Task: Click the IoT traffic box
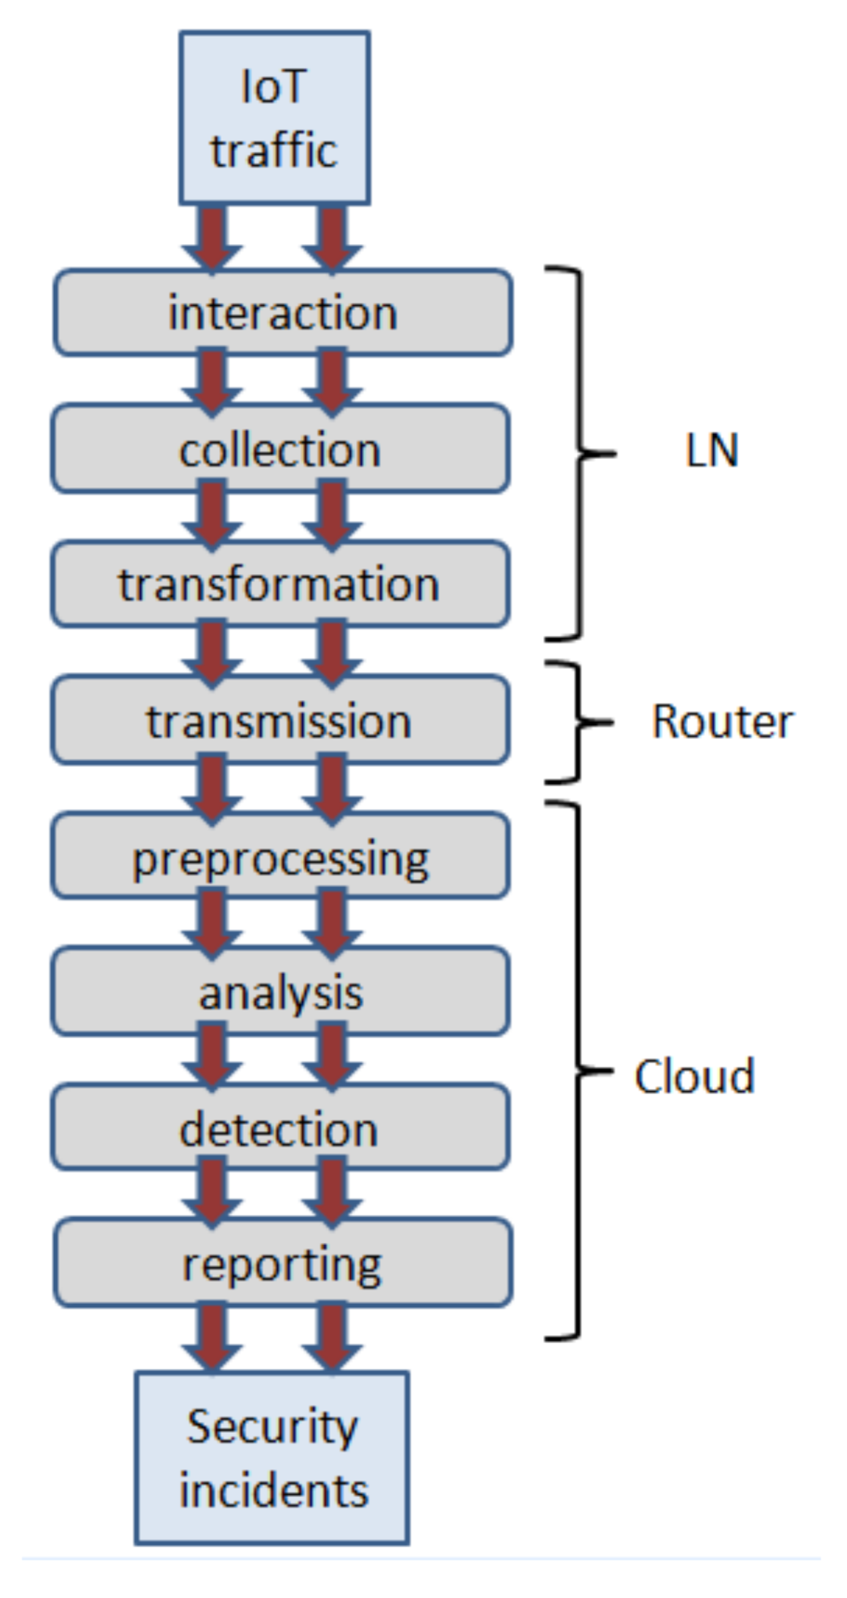(x=274, y=118)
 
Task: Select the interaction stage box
(x=283, y=313)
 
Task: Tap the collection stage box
(x=280, y=450)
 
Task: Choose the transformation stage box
(x=280, y=584)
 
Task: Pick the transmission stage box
(x=280, y=720)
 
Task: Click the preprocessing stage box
(x=280, y=857)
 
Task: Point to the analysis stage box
(x=280, y=993)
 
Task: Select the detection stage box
(x=280, y=1129)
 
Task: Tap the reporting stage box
(x=283, y=1264)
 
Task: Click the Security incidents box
(x=272, y=1459)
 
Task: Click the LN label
(x=712, y=451)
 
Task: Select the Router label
(x=722, y=721)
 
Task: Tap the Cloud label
(x=694, y=1076)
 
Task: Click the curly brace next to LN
(x=580, y=453)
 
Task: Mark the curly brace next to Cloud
(x=578, y=1071)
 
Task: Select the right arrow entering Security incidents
(x=332, y=1338)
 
